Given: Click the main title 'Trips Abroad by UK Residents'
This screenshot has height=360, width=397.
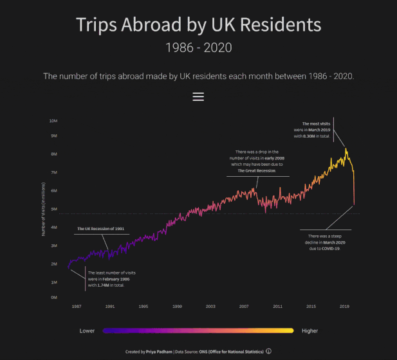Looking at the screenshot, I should point(198,25).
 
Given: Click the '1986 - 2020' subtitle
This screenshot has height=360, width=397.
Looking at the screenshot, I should point(198,48).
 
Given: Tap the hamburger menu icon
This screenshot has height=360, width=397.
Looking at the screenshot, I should point(198,96).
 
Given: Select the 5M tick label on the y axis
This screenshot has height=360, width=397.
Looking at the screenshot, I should point(55,209).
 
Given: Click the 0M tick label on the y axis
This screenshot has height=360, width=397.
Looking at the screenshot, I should point(55,298).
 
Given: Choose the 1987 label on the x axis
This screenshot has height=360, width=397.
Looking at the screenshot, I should point(77,307).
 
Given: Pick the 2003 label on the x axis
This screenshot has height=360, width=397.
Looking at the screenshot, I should point(210,307).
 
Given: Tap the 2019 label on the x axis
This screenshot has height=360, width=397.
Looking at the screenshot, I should point(344,307).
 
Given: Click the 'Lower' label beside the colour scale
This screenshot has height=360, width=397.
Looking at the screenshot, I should point(88,330).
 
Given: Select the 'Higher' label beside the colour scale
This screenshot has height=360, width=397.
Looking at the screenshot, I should point(309,330).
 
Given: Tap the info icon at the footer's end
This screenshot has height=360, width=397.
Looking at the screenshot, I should point(268,351).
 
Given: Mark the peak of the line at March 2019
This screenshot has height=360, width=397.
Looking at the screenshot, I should point(346,149).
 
